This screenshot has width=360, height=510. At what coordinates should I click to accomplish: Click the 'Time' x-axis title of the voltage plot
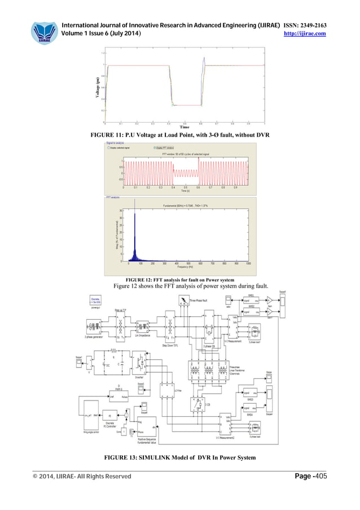click(184, 127)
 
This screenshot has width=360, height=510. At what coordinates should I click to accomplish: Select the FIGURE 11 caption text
click(180, 136)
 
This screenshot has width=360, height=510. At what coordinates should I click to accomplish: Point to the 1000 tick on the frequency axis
click(249, 263)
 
